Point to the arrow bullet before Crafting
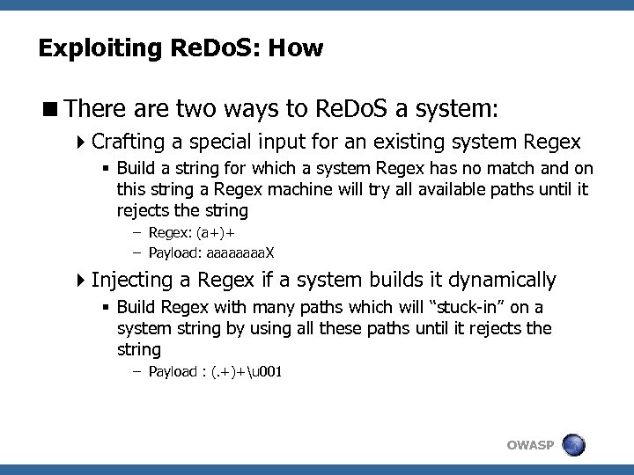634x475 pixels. [x=82, y=142]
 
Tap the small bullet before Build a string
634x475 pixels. [x=106, y=168]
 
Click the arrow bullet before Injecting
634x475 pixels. [x=82, y=281]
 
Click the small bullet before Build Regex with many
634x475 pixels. [x=106, y=307]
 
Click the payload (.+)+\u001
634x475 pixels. [x=241, y=371]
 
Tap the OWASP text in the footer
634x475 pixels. [x=530, y=445]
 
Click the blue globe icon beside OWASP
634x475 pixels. [x=574, y=444]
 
